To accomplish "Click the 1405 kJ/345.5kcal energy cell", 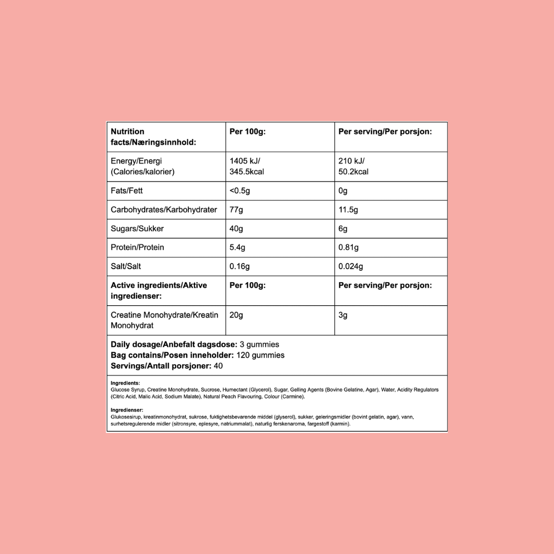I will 247,166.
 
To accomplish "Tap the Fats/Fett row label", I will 127,191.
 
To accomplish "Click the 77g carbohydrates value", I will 236,209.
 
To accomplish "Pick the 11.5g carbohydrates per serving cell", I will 348,209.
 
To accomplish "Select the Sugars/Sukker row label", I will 137,228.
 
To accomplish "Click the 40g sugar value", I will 236,228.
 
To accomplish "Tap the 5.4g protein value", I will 238,247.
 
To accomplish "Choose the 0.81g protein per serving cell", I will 349,247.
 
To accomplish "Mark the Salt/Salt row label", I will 126,266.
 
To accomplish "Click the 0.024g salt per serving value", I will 351,266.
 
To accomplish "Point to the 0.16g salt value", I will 240,266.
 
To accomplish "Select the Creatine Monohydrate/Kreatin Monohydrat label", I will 164,320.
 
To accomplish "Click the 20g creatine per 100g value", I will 236,315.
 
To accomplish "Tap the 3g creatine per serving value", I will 343,315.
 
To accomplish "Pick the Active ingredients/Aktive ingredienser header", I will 159,290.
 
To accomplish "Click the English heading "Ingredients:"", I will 125,383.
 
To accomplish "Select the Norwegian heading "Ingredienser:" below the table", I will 127,410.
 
